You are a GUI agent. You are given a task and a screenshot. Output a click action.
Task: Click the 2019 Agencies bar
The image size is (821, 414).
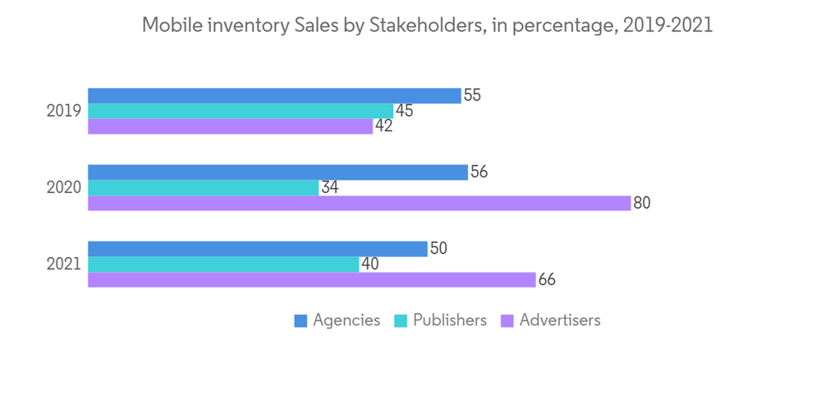pos(274,95)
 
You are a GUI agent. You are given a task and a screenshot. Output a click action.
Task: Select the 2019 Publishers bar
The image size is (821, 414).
pos(241,111)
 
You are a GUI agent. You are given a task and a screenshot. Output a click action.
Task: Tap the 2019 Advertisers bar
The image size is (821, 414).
pos(230,126)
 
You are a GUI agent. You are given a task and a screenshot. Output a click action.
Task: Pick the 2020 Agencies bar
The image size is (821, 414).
pos(277,172)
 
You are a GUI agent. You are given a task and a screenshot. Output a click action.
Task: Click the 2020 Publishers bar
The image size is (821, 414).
pos(203,187)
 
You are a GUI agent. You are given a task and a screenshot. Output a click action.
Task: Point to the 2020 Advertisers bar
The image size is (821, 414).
pos(359,203)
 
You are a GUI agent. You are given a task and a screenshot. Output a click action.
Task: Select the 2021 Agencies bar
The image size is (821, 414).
pos(257,248)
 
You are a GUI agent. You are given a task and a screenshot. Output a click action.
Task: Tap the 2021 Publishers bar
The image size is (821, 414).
pos(223,264)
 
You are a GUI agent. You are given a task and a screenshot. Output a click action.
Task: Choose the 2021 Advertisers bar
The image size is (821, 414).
pos(311,279)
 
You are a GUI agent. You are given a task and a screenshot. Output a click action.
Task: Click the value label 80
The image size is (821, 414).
pos(641,203)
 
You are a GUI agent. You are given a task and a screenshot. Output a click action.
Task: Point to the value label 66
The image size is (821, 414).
pos(547,279)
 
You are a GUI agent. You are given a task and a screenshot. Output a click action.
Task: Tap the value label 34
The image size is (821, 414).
pos(329,187)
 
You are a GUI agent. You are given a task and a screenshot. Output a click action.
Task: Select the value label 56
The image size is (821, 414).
pos(479,172)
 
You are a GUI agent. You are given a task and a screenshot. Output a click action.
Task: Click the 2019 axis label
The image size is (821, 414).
pos(63,111)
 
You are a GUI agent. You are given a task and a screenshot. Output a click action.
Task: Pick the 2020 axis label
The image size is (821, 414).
pos(63,187)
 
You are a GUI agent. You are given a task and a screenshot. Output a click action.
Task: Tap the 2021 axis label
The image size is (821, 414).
pos(63,264)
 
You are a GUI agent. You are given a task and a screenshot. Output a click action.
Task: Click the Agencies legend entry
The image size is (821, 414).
pos(337,320)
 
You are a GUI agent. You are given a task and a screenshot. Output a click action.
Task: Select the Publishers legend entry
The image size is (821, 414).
pos(441,320)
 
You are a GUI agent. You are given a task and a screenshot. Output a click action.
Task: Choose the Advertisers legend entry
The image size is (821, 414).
pos(550,320)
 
